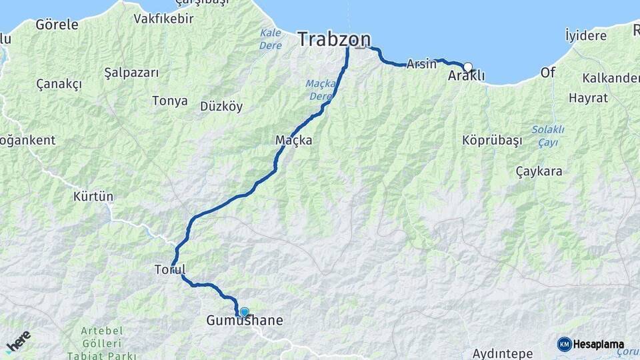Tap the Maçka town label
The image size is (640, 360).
293,141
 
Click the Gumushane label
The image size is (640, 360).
244,321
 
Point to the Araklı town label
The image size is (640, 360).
466,76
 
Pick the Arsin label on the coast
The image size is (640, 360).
421,64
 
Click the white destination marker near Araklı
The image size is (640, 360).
468,67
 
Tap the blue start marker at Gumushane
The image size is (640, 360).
245,312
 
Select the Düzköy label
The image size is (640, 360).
221,107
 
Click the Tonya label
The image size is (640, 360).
169,101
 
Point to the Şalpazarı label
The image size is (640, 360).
131,72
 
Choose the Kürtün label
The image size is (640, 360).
93,197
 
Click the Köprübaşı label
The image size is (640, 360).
491,141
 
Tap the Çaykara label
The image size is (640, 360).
539,171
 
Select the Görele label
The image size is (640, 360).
57,25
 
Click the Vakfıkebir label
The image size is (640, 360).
163,19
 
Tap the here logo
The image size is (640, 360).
18,342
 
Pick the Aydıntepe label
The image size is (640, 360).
503,353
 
